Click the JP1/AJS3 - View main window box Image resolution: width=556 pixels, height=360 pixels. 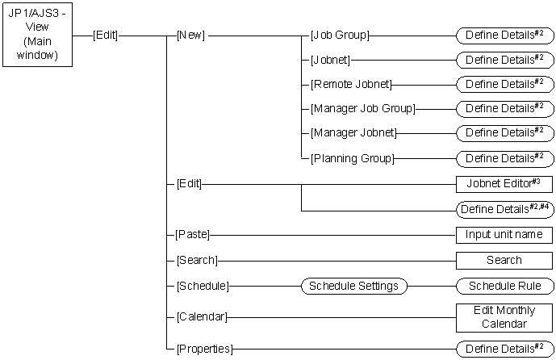coord(36,35)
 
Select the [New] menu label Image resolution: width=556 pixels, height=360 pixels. coord(190,35)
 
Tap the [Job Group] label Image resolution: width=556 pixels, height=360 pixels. coord(340,35)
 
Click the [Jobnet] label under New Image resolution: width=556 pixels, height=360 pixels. coord(330,59)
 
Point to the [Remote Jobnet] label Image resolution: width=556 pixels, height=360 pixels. coord(351,83)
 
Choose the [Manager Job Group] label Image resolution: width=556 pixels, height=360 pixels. coord(362,107)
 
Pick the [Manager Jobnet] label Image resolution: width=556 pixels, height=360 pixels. coord(353,132)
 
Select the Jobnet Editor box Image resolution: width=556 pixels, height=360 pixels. coord(504,184)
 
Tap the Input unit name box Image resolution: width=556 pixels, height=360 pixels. coord(504,235)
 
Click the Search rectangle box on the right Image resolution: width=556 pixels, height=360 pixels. coord(504,260)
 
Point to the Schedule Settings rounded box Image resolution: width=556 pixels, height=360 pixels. coord(353,286)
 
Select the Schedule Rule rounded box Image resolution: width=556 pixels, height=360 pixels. coord(504,286)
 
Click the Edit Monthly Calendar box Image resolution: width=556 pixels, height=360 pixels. coord(504,317)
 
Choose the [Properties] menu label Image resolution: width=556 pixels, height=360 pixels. coord(204,349)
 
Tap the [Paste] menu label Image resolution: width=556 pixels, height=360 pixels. coord(193,235)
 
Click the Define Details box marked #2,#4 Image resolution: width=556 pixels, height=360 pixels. coord(504,209)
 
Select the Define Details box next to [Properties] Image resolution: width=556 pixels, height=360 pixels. coord(504,349)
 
